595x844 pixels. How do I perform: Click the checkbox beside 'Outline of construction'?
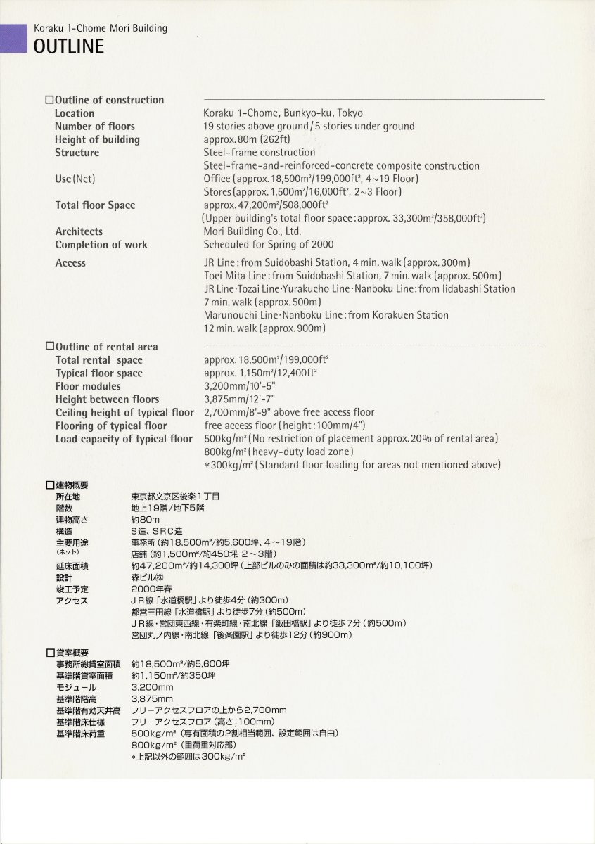pos(49,100)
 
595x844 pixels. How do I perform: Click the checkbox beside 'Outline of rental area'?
pos(49,346)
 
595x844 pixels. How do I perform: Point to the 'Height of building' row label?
pos(97,139)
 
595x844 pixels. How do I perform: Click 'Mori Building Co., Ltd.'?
pos(252,231)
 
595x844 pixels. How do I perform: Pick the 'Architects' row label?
pos(79,231)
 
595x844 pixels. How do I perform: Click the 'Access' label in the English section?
pos(70,263)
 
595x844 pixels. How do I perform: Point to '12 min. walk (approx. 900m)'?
pos(264,328)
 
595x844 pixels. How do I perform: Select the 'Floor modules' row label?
pos(88,386)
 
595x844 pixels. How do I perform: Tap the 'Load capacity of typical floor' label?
pos(124,439)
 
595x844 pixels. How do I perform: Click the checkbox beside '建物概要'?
pos(49,485)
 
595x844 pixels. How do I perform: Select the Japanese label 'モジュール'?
pos(76,687)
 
